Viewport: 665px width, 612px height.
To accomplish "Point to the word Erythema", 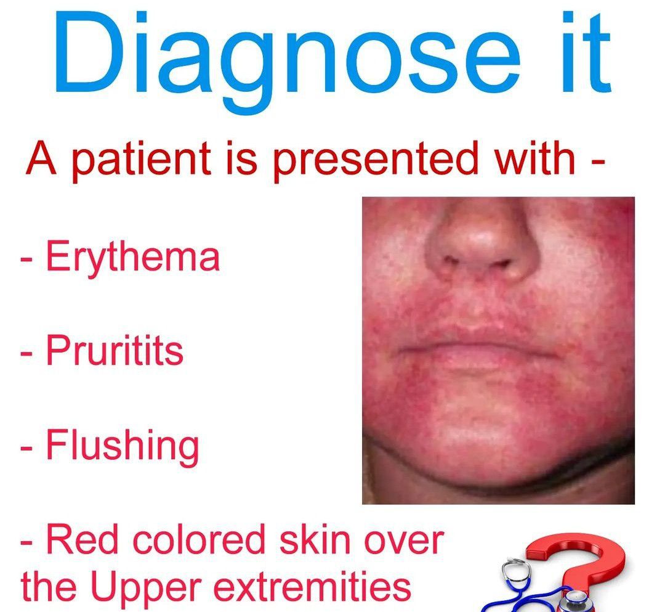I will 132,258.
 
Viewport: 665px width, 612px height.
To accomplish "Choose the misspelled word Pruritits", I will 115,351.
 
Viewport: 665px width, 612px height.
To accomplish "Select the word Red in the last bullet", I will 78,541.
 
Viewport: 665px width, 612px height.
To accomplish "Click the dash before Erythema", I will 26,259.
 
